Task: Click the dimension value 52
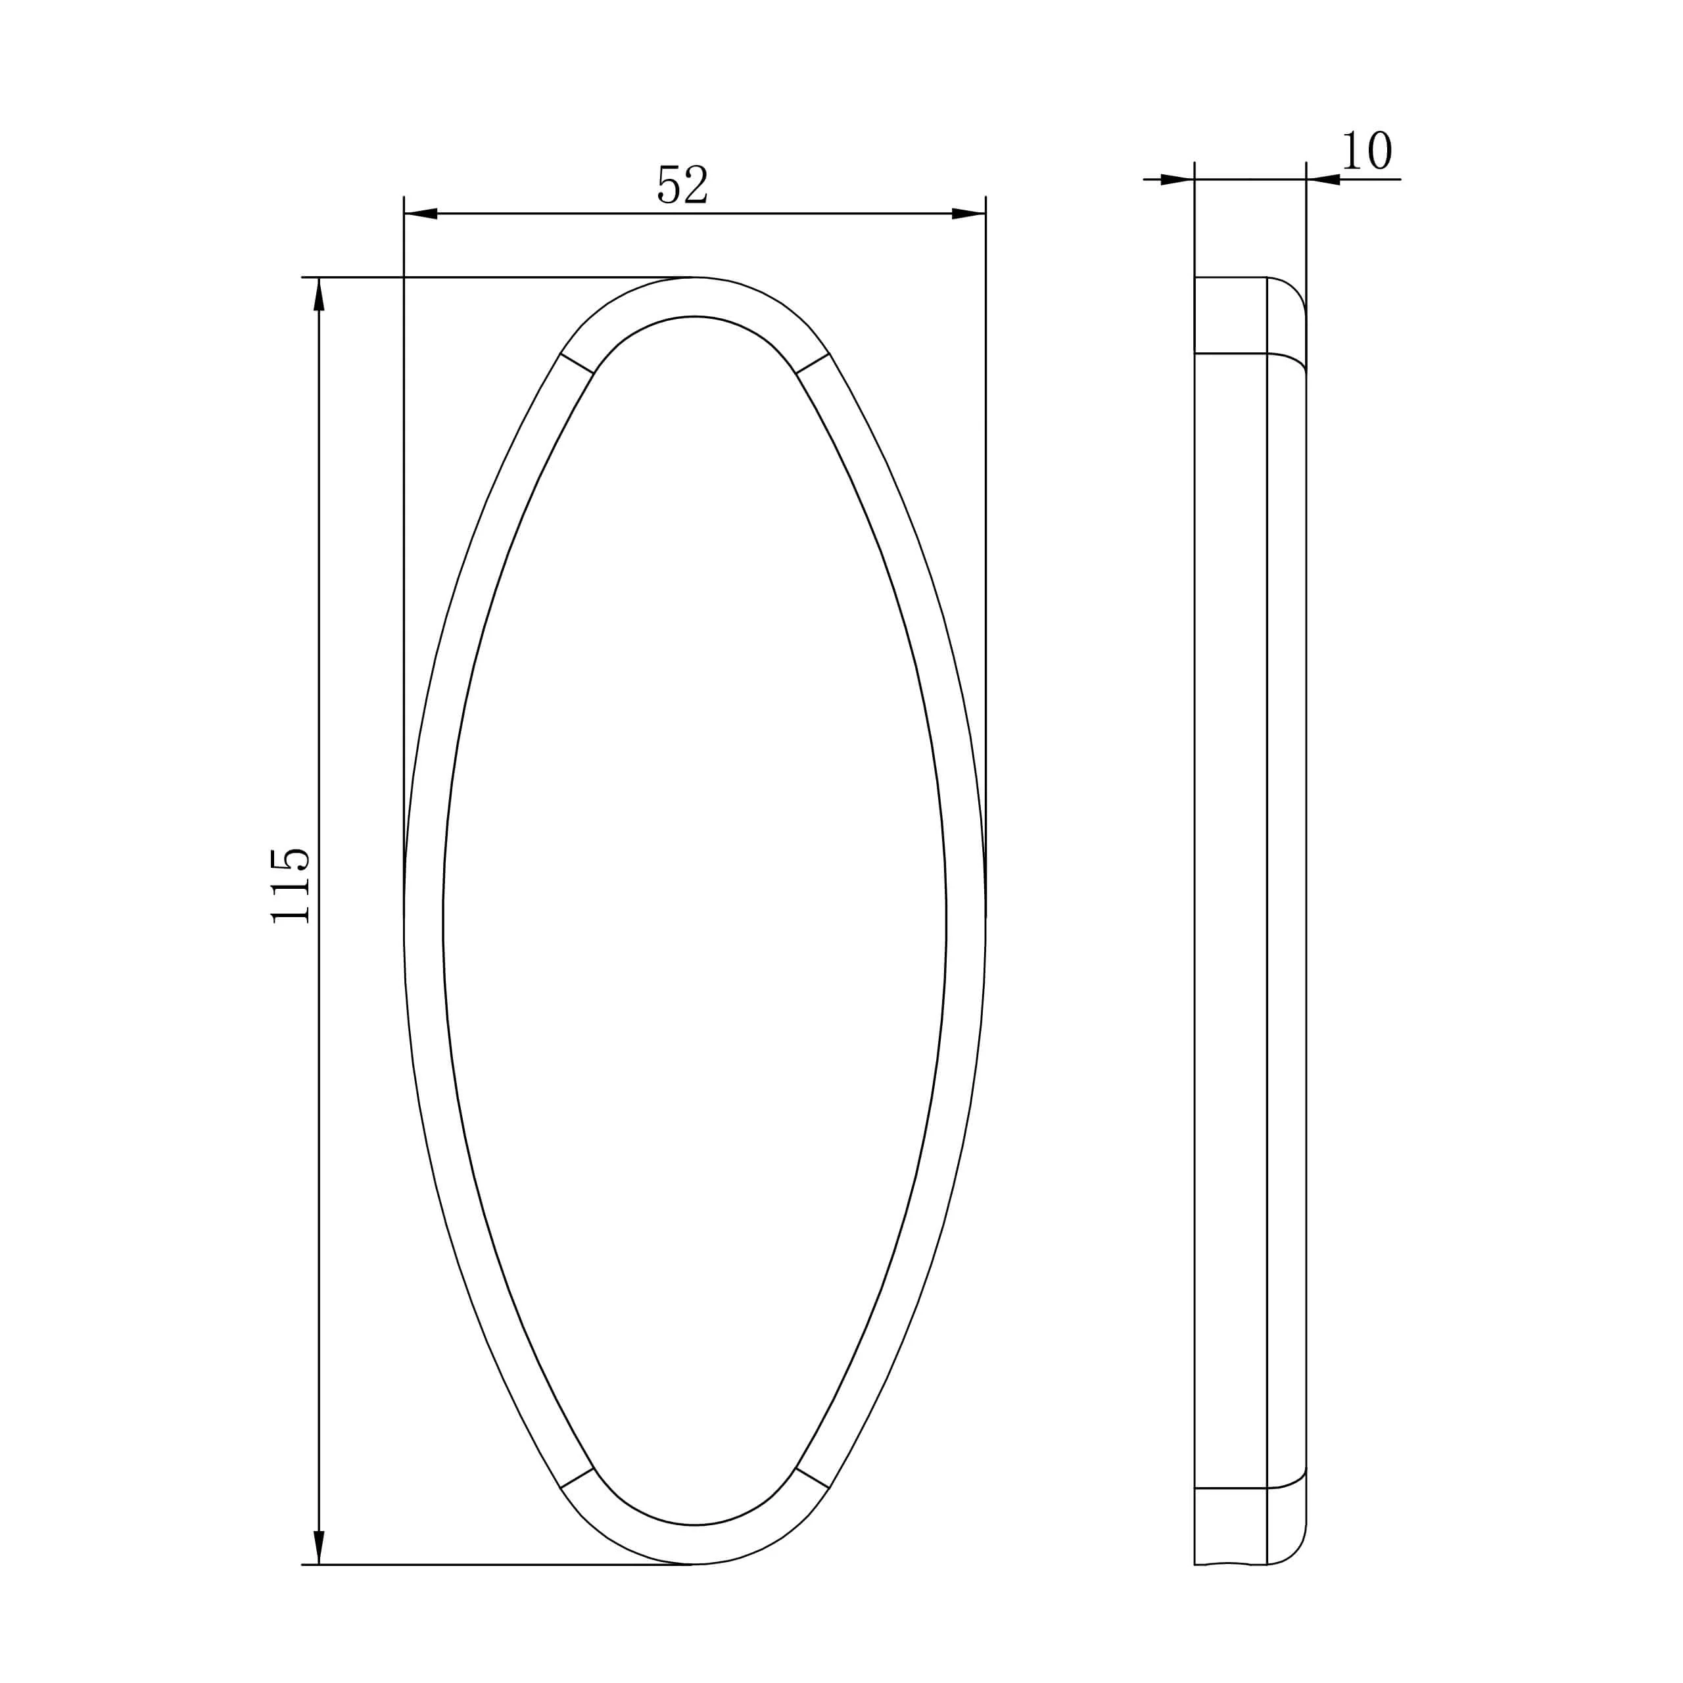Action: coord(682,185)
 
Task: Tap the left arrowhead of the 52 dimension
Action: coord(421,214)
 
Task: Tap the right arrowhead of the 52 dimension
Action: coord(968,214)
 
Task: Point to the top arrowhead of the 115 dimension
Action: coord(319,294)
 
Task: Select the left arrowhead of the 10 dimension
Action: coord(1177,179)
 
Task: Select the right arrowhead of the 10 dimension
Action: coord(1323,179)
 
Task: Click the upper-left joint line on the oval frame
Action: coord(577,364)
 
